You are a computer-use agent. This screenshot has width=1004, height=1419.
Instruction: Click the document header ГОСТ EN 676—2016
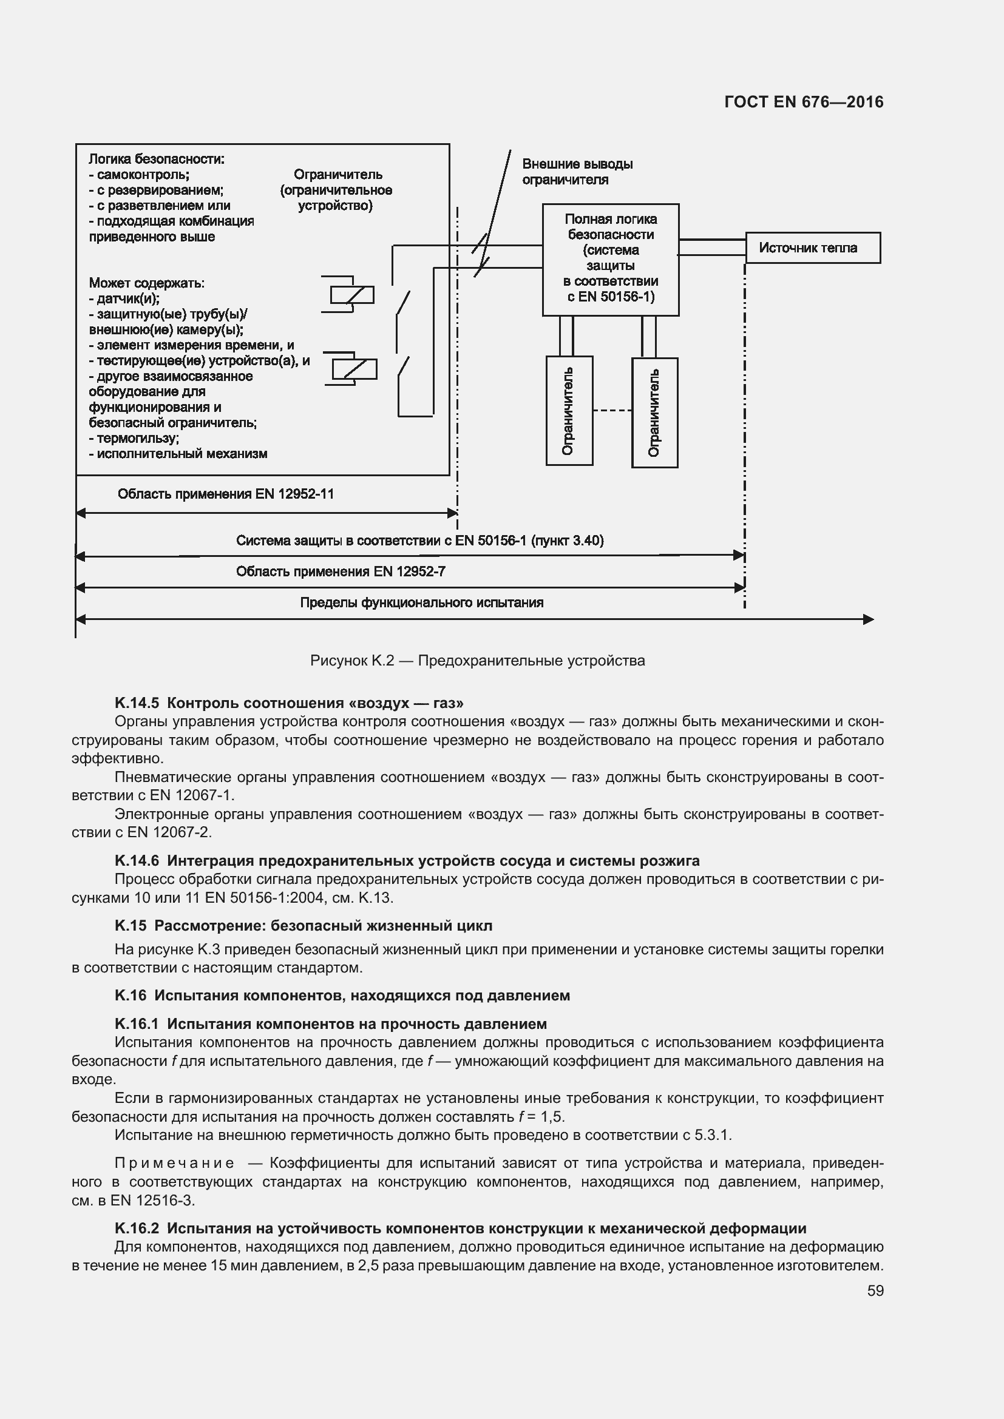803,102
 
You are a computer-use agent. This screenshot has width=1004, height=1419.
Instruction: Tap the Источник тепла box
812,248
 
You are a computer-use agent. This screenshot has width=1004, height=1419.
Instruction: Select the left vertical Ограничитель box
569,410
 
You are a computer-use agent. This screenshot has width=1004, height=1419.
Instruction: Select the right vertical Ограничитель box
654,412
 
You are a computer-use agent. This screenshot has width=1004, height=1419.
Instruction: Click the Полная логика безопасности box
610,259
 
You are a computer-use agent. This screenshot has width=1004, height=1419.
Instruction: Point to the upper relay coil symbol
351,295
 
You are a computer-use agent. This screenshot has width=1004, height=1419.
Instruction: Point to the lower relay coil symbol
354,369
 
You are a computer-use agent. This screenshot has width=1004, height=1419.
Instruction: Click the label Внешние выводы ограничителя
576,172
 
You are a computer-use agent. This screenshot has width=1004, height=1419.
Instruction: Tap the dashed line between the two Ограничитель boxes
611,410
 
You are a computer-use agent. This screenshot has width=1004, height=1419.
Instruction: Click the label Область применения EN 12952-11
226,494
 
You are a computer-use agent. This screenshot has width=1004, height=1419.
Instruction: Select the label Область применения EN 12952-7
340,571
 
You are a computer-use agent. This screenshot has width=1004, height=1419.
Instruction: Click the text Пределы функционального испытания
421,602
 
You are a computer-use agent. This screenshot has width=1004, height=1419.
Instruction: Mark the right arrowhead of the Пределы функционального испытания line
868,619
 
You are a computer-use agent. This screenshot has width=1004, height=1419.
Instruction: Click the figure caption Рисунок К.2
477,661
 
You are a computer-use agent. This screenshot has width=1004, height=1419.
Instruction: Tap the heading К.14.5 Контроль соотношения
289,703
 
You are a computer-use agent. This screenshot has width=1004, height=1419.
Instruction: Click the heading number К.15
131,926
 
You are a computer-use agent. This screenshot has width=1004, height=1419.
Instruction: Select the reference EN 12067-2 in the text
169,832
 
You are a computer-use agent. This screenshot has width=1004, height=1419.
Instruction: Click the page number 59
875,1290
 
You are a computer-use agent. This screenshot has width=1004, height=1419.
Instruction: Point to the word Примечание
174,1163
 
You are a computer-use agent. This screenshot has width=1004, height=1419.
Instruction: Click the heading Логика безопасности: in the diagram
157,159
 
